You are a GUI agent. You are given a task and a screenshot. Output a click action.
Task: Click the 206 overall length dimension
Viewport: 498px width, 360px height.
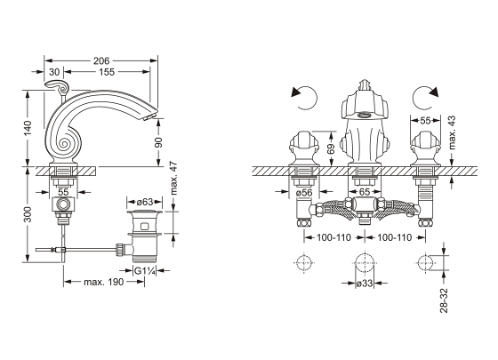tap(101, 60)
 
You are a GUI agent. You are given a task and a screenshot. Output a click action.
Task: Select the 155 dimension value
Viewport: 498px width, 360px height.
tap(107, 72)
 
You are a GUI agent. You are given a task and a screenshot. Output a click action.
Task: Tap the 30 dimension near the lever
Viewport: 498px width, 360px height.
tap(54, 72)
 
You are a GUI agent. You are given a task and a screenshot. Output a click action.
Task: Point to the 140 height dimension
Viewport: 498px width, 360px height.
tap(28, 128)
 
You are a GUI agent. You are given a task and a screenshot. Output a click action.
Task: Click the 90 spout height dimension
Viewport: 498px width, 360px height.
tap(158, 142)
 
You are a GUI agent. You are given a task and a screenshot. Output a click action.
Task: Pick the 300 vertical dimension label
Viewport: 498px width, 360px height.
tap(28, 214)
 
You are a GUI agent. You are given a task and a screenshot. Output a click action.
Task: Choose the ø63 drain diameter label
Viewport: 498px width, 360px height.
tap(144, 202)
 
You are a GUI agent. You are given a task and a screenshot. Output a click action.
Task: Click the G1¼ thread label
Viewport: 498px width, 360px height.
tap(145, 271)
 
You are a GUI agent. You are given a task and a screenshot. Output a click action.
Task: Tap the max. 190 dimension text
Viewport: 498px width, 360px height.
tap(103, 282)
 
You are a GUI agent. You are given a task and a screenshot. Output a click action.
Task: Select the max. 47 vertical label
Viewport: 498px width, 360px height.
tap(173, 178)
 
